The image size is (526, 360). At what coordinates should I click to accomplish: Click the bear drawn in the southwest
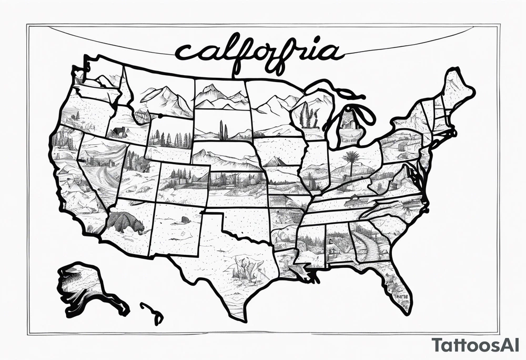click(126, 223)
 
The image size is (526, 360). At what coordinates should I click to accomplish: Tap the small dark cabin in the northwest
click(119, 133)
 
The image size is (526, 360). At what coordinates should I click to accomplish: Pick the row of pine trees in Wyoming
click(168, 139)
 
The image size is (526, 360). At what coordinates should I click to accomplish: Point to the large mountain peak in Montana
click(163, 100)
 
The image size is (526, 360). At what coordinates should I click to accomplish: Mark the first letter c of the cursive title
click(184, 53)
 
